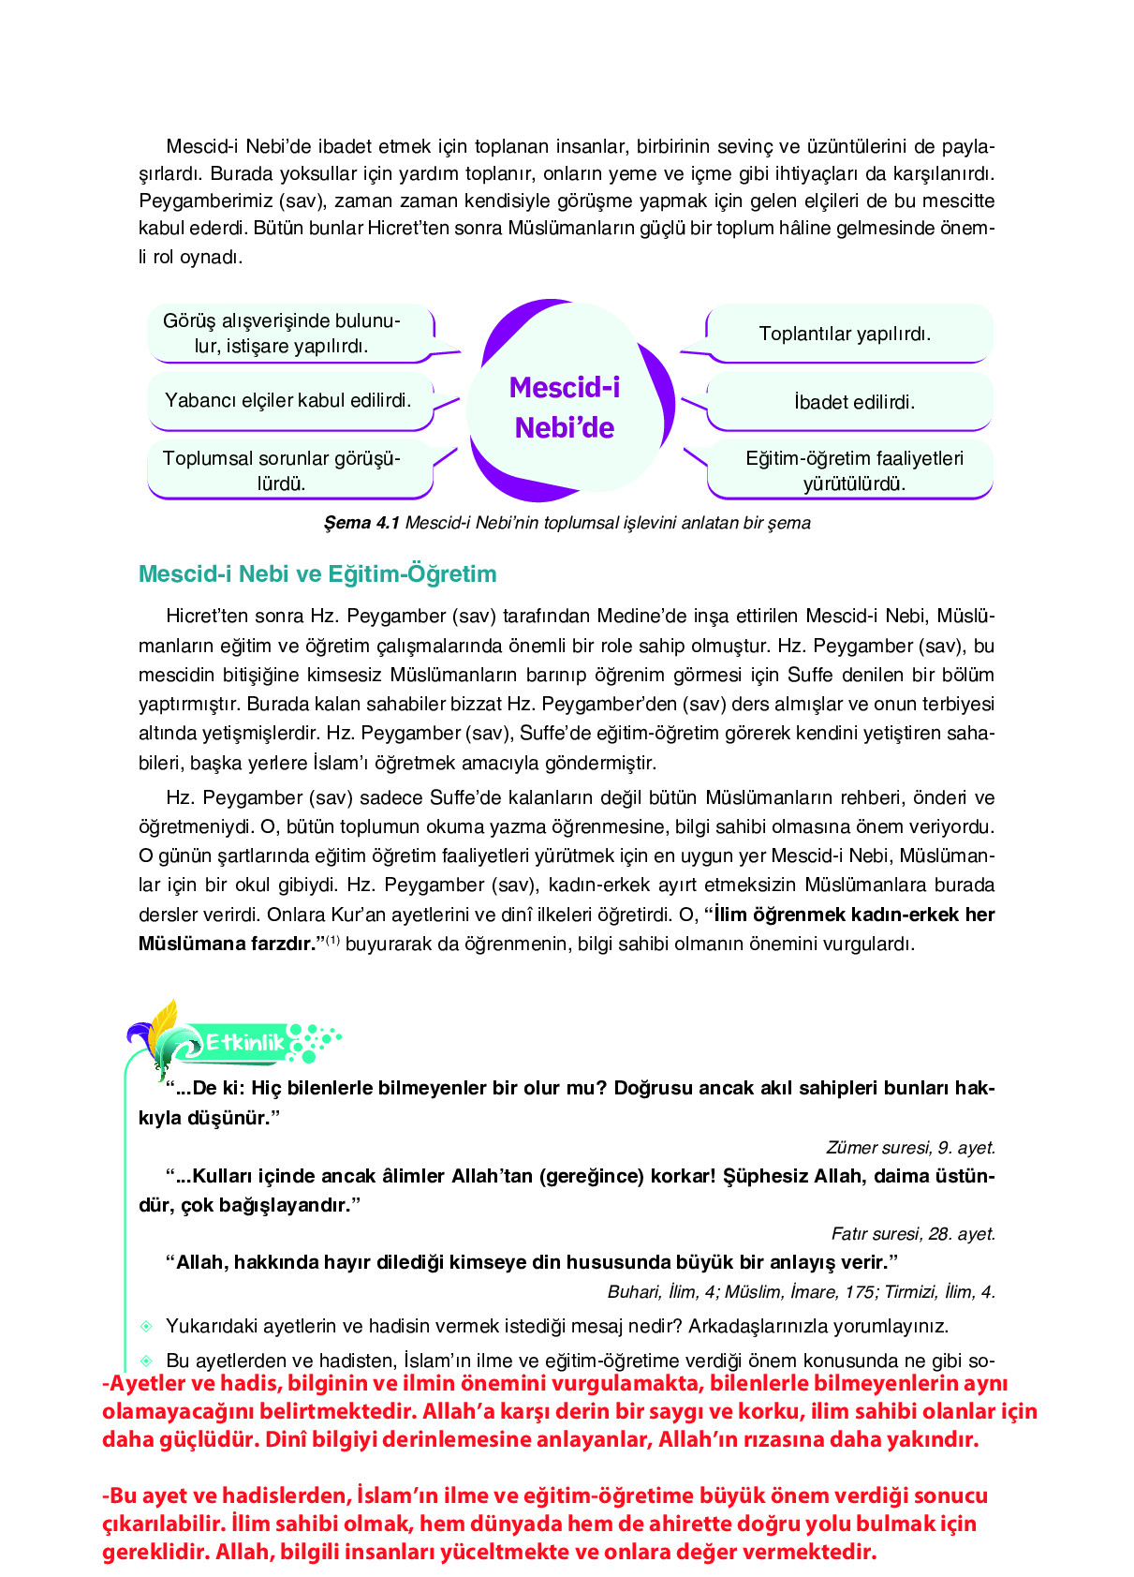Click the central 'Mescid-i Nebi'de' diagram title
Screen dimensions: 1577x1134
pos(564,408)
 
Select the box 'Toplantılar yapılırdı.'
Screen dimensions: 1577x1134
pos(845,334)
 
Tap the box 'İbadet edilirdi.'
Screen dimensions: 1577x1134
pos(854,402)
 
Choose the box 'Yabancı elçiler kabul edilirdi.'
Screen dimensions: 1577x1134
pos(288,400)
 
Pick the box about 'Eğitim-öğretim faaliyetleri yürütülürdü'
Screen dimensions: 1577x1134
pos(854,470)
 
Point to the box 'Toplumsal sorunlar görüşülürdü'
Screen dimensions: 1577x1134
pos(282,470)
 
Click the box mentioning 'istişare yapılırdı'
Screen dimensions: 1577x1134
pos(282,334)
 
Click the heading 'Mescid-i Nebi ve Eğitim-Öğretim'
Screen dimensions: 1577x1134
pos(317,573)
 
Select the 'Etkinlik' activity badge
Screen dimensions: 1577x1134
pos(244,1042)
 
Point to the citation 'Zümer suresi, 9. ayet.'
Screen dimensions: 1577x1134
pos(910,1147)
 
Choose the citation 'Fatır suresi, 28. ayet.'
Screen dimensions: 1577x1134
pos(913,1233)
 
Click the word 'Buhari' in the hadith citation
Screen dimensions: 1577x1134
pos(633,1292)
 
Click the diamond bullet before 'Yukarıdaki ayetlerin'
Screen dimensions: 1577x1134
pos(146,1326)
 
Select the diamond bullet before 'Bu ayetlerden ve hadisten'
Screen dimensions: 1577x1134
pos(146,1361)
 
